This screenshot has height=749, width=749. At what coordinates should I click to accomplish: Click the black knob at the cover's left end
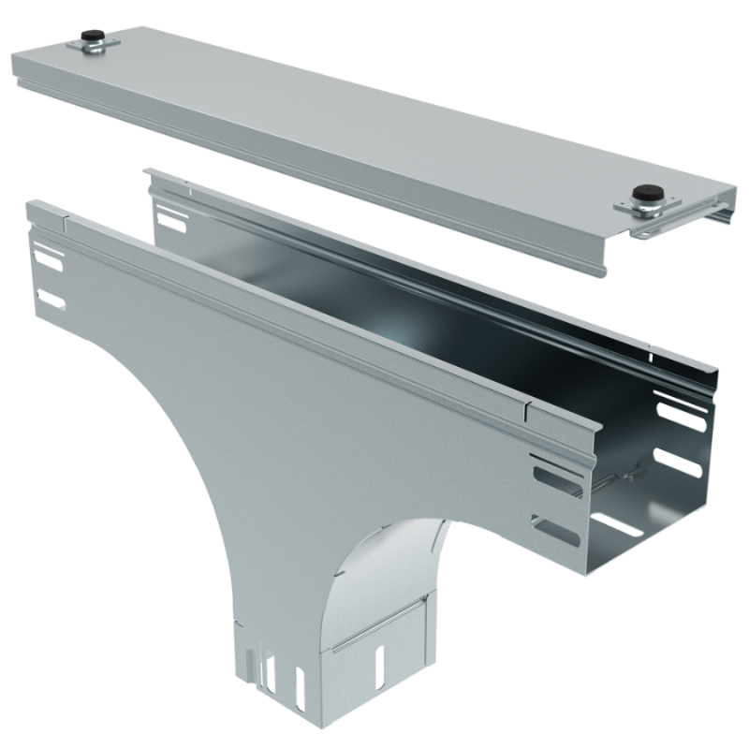coord(92,37)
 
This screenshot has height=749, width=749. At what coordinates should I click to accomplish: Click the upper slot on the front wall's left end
coord(47,259)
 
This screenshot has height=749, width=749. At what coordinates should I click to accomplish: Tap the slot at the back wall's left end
coord(172,222)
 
